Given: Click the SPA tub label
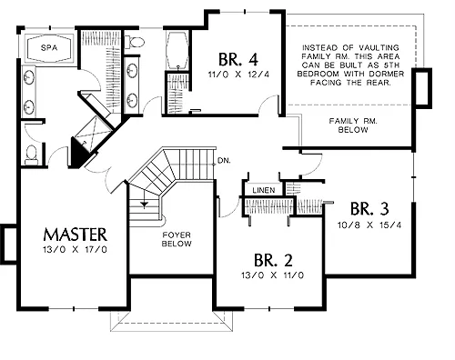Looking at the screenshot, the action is (49, 47).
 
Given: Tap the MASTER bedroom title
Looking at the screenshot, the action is (76, 235).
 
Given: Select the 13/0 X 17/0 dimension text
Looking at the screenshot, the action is (75, 250).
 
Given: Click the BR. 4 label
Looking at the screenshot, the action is (238, 59).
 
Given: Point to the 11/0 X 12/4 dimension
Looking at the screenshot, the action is (238, 75).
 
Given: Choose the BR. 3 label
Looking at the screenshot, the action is (369, 209).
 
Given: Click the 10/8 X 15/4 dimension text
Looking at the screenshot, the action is (369, 225).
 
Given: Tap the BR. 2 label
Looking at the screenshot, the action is (273, 260).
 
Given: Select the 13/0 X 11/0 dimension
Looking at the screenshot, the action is (273, 275).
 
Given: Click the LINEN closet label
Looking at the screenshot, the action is (264, 190).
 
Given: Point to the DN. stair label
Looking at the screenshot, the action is (224, 161).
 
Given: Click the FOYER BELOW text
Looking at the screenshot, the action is (177, 239).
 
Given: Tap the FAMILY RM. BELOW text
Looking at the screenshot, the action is (353, 125).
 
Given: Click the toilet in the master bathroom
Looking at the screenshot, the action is (31, 155).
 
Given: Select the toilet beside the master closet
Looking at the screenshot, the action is (135, 42).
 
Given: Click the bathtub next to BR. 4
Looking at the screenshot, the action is (177, 51).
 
